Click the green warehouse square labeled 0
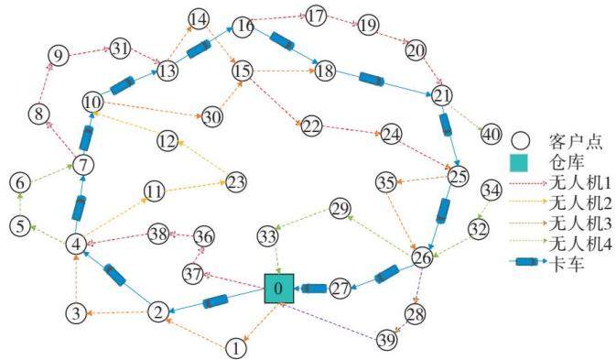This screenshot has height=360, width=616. [279, 289]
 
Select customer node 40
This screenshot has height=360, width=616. [492, 135]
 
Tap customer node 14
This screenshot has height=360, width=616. [199, 19]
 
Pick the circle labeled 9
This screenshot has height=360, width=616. [59, 56]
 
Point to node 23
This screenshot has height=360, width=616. [236, 182]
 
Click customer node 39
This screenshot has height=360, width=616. [386, 340]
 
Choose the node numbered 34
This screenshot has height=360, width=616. [492, 191]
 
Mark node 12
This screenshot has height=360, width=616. [168, 141]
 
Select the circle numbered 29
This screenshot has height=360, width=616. [340, 209]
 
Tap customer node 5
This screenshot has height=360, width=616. [20, 226]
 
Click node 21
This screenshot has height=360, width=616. [442, 95]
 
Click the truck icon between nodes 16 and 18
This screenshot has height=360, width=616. [282, 41]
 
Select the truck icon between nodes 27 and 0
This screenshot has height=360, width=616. [314, 289]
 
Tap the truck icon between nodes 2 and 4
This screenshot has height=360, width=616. [114, 275]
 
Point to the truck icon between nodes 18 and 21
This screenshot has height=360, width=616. [372, 79]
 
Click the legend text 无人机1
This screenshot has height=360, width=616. [580, 183]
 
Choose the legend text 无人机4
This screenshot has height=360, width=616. [580, 245]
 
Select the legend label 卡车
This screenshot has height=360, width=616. [567, 264]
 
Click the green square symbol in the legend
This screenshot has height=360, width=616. [519, 163]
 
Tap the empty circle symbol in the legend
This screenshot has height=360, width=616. [521, 140]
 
